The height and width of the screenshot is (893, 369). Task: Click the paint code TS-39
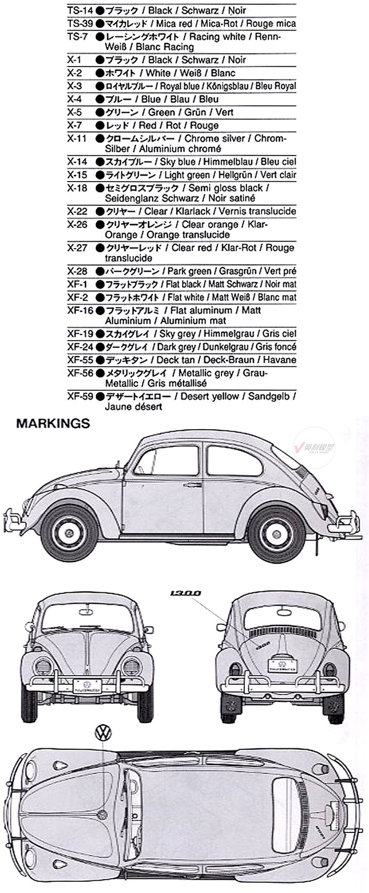(79, 24)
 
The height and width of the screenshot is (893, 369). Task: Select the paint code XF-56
(80, 373)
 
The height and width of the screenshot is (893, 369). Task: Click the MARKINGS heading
(53, 424)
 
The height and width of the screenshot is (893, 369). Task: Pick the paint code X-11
(77, 138)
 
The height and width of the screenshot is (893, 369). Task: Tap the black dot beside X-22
(99, 211)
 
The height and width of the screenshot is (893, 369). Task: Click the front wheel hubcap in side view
(69, 532)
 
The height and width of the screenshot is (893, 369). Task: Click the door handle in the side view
(193, 485)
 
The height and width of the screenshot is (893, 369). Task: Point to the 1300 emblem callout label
(185, 593)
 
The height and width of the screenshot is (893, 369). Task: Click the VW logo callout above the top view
(103, 732)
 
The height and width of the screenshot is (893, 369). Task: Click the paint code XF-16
(80, 310)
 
